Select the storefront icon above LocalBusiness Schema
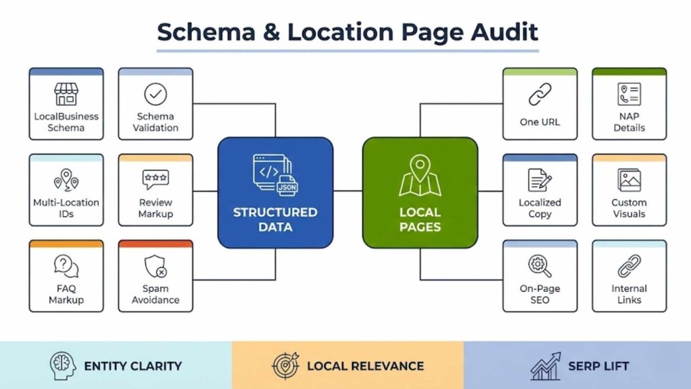[x=66, y=94]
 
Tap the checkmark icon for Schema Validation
[x=155, y=94]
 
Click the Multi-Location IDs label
[x=66, y=208]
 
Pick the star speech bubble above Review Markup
[x=155, y=180]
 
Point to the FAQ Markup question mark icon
[x=66, y=266]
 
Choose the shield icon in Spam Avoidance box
[x=155, y=266]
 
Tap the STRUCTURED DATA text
[x=275, y=219]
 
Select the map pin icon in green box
[x=420, y=175]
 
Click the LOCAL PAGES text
[x=420, y=219]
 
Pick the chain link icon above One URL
[x=540, y=95]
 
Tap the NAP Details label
[x=629, y=122]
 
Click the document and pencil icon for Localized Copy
[x=540, y=180]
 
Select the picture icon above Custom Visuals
[x=629, y=180]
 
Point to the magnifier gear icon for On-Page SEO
[x=540, y=265]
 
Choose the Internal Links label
[x=629, y=294]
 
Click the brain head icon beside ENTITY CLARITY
[x=63, y=366]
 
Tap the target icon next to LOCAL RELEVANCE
[x=285, y=366]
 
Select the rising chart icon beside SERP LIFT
[x=545, y=366]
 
